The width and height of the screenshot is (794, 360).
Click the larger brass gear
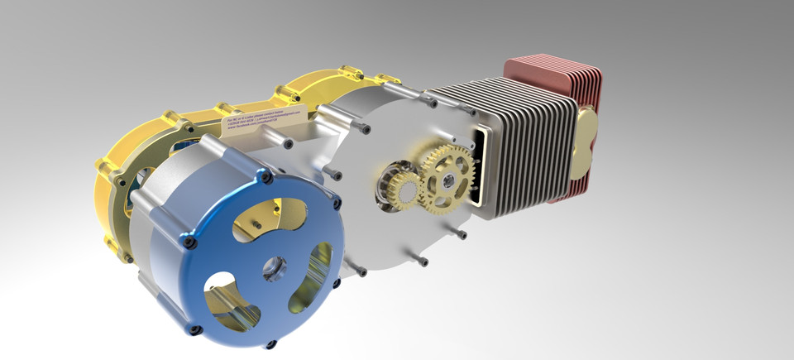pos(447,175)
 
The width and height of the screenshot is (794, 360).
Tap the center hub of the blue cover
pos(272,268)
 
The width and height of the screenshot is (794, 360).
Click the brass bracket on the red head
pos(586,141)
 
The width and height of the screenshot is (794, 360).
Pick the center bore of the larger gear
pos(447,176)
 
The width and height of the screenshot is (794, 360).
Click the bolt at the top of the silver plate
pos(431,103)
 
